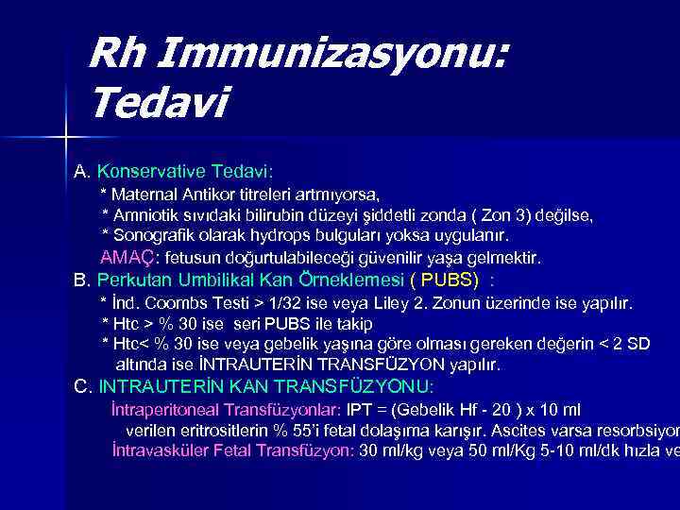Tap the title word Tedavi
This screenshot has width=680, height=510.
(158, 101)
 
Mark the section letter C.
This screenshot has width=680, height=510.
(82, 386)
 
